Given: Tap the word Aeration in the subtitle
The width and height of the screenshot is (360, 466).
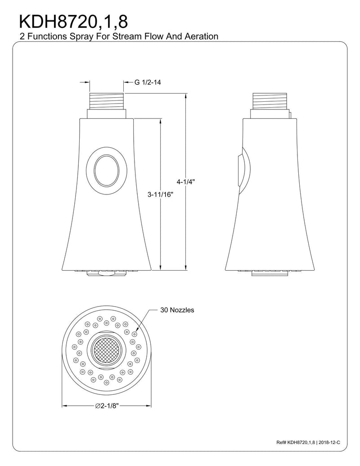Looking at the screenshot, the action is [202, 36].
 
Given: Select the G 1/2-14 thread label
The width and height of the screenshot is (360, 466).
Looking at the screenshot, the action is [148, 82].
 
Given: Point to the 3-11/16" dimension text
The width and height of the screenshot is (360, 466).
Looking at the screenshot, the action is [160, 195].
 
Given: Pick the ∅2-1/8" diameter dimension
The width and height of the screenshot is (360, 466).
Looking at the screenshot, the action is [107, 406].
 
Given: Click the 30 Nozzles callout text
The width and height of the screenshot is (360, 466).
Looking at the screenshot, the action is [177, 310].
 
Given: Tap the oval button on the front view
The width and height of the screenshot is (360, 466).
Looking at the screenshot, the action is [107, 171].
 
